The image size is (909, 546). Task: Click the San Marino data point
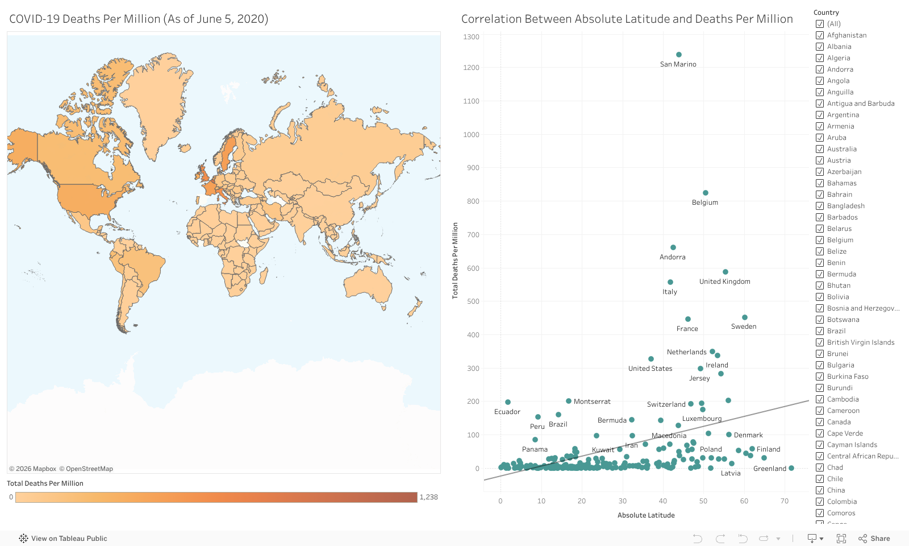[678, 55]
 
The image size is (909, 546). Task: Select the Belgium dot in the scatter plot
[706, 193]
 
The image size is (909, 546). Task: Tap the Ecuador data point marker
[508, 402]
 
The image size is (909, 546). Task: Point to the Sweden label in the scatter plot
[744, 326]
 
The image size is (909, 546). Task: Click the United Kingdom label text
[724, 282]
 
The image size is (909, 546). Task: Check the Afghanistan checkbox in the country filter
[820, 35]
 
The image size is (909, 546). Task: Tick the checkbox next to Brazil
[820, 331]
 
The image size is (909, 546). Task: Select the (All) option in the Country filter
[820, 24]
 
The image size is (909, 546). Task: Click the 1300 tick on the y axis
[472, 37]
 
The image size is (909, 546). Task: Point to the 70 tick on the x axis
[785, 501]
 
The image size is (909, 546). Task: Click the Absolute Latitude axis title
[646, 515]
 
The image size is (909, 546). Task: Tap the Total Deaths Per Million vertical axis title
[455, 260]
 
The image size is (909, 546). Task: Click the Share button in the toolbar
[874, 539]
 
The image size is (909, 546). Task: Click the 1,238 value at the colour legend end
[428, 497]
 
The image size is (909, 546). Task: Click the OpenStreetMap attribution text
[89, 469]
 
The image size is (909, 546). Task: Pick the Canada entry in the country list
[839, 422]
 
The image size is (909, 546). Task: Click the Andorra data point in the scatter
[673, 247]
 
